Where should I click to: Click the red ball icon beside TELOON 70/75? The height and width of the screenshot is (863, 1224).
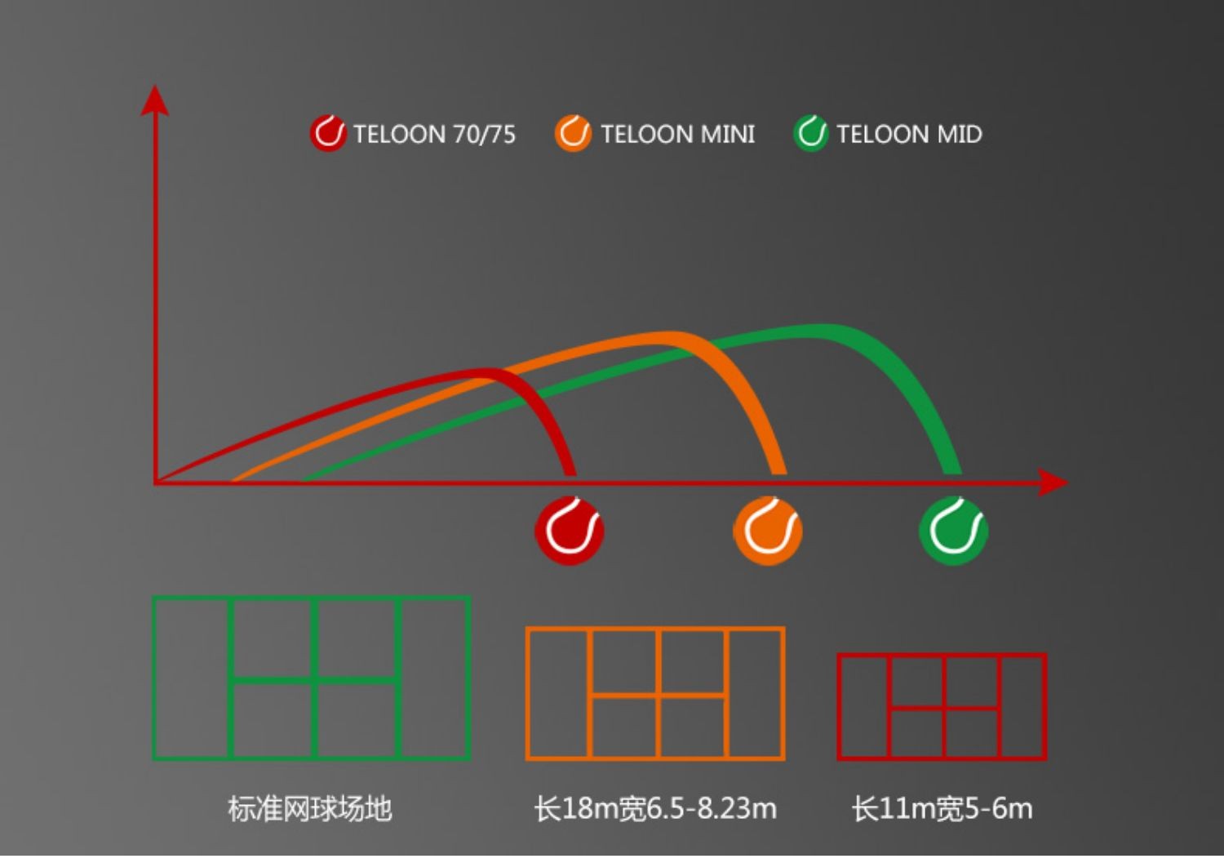coord(328,133)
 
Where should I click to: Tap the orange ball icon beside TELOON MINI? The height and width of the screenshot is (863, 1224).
coord(573,133)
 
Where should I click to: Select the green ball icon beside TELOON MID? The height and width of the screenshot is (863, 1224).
coord(811,133)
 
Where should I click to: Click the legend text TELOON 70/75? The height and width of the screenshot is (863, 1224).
coord(434,135)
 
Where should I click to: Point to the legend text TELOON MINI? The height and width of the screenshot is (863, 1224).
coord(678,135)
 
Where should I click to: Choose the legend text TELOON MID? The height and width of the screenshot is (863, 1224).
coord(909,135)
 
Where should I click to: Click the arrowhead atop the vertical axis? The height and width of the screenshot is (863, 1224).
coord(155,100)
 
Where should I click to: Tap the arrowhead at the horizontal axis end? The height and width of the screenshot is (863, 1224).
coord(1053,483)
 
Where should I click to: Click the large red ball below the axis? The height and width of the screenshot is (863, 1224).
coord(570,531)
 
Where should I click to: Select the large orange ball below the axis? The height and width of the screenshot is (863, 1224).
coord(768,531)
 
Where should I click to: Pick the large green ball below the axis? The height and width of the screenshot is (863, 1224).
coord(954,531)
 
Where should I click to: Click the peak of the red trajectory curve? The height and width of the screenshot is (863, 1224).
coord(484,373)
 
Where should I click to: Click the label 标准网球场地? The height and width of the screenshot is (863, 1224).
coord(310,809)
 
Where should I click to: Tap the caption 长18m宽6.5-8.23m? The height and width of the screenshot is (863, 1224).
coord(655,809)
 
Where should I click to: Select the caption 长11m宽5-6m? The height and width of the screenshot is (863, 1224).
coord(942,809)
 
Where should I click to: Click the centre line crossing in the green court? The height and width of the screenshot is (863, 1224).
coord(314,680)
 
